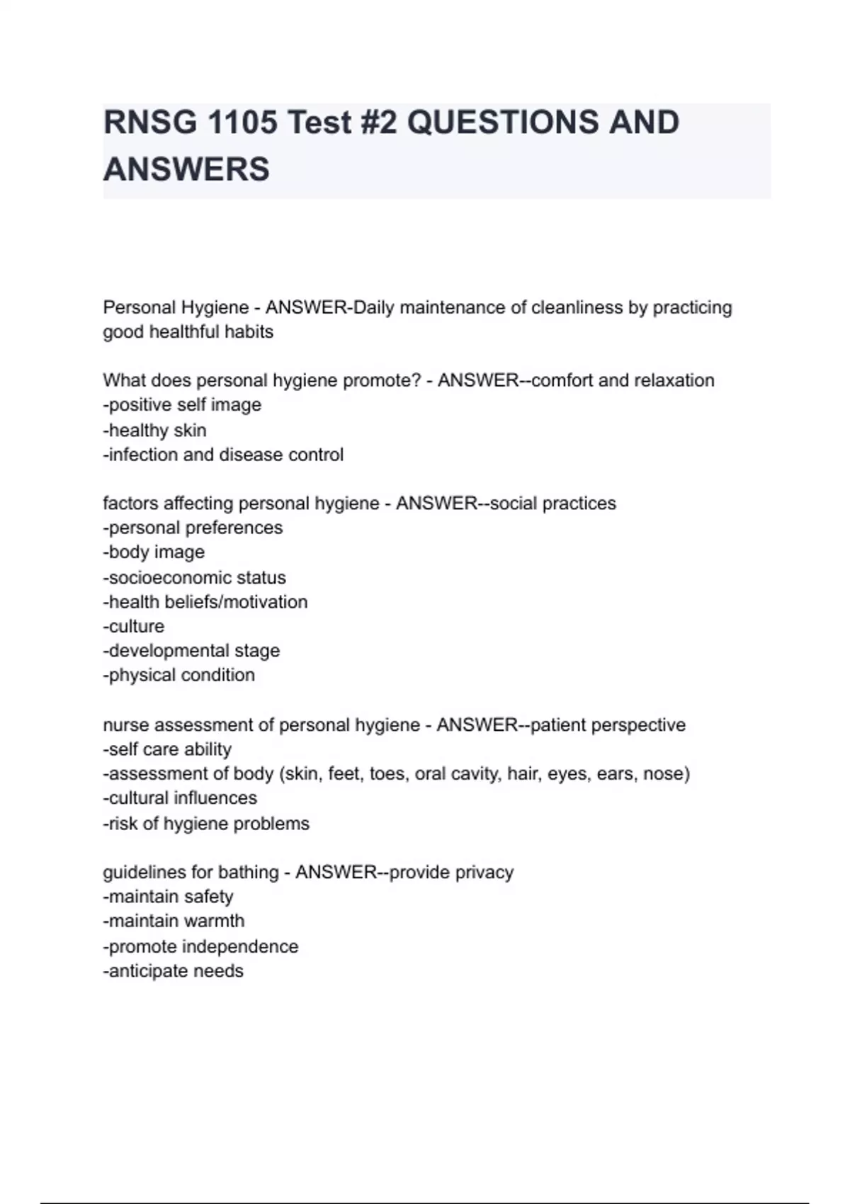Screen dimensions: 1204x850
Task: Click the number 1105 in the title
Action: [x=242, y=123]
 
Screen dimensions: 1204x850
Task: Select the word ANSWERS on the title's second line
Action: [x=186, y=169]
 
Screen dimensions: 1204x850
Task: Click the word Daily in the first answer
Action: [x=374, y=308]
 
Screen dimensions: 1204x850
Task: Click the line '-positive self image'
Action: [x=182, y=405]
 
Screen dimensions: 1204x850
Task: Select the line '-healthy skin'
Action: [x=154, y=430]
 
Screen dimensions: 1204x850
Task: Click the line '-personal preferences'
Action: [x=193, y=528]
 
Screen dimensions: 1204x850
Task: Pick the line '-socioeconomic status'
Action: [x=194, y=577]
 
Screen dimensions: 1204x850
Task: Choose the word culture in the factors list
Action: [x=136, y=626]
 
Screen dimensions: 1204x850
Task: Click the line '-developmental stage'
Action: [x=191, y=651]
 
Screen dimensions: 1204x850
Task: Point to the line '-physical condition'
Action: [x=178, y=675]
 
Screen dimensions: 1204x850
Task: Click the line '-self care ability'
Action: [x=167, y=749]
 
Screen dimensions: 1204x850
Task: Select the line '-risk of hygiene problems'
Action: [x=206, y=824]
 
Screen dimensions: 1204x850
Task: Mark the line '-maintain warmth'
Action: [x=174, y=921]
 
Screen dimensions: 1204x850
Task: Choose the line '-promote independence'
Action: [x=200, y=947]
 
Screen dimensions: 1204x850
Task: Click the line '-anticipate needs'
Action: [x=173, y=971]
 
